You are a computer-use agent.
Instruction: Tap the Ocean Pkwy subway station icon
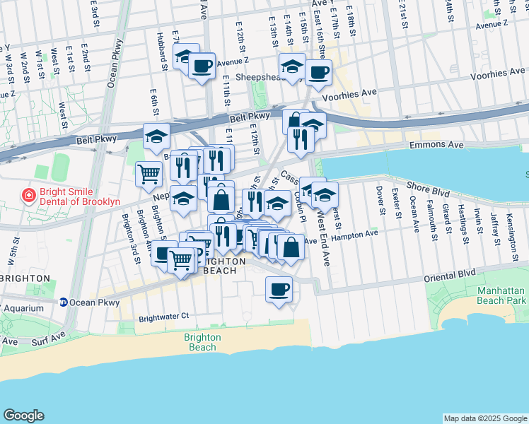(x=63, y=302)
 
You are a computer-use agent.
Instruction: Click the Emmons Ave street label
(x=437, y=144)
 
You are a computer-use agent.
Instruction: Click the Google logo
(x=23, y=416)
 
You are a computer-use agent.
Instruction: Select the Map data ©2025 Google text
(x=484, y=418)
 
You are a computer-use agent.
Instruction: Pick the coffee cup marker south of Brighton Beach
(x=279, y=289)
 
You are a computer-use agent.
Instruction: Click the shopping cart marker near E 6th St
(x=149, y=173)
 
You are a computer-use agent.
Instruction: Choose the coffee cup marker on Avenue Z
(x=202, y=66)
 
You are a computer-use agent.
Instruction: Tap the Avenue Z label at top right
(x=492, y=25)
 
